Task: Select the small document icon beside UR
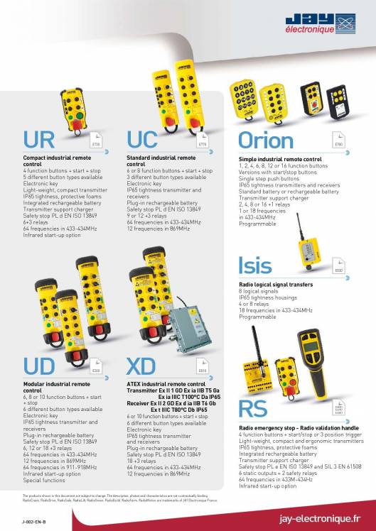pos(97,140)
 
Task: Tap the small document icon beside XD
pos(202,367)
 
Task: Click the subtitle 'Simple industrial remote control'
pos(280,159)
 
